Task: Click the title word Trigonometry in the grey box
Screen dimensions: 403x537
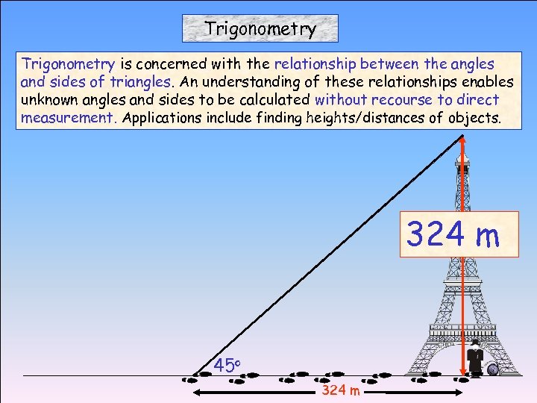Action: point(260,29)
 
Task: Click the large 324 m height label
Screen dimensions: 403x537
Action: point(453,235)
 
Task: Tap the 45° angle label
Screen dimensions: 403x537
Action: point(226,366)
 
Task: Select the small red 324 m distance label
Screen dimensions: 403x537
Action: point(341,391)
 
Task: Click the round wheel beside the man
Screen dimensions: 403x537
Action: point(493,369)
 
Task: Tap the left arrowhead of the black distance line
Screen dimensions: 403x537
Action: point(186,390)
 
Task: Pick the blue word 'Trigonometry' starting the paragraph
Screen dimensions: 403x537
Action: point(68,63)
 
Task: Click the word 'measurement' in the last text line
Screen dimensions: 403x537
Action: point(67,117)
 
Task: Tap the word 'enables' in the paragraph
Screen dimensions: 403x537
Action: point(488,81)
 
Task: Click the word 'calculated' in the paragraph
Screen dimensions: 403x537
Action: point(274,99)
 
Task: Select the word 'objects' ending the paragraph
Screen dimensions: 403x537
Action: point(474,117)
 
